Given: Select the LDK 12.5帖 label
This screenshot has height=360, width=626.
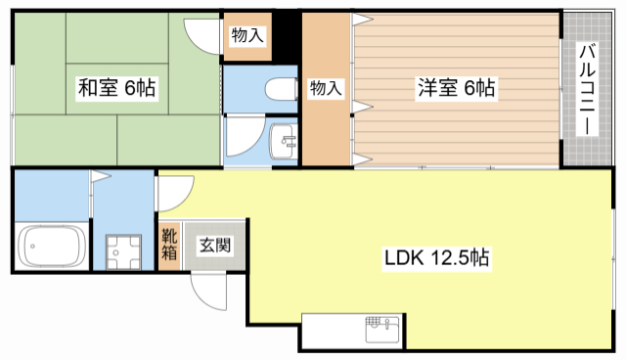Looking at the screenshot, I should point(435,259).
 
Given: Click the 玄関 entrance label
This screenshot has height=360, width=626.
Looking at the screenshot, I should point(215,246).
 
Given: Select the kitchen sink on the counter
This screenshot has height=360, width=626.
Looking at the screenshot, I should point(381,328).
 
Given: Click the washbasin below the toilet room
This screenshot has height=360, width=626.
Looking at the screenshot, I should point(283,142).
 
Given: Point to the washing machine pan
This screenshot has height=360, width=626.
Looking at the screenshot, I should point(123,248).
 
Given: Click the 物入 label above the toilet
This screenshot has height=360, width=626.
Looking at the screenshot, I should point(247,36).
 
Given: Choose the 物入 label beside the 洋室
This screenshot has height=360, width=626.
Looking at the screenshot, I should point(325,88).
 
